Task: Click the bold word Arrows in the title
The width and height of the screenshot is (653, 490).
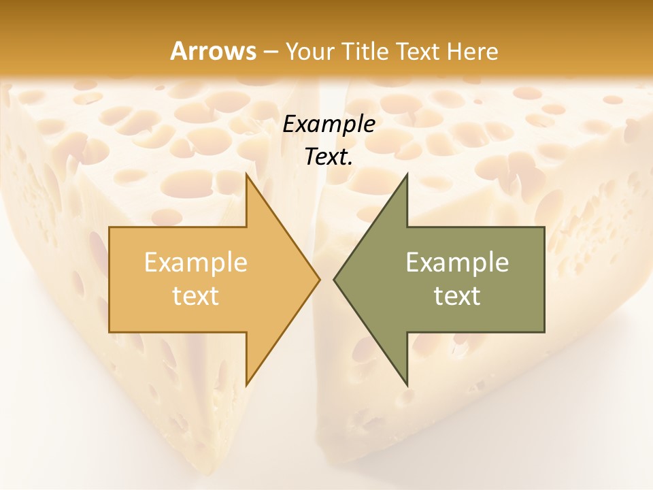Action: tap(213, 51)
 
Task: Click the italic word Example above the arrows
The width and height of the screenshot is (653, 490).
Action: tap(329, 125)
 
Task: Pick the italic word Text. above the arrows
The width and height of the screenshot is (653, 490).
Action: tap(329, 157)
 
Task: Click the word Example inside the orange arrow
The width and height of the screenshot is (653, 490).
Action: tap(196, 263)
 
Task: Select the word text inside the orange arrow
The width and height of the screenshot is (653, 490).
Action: tap(196, 296)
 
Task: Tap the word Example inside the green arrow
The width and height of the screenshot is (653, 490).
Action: tap(457, 263)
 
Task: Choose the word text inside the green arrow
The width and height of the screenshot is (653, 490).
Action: tap(457, 296)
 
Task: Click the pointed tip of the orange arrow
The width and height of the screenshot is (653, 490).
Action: tap(320, 279)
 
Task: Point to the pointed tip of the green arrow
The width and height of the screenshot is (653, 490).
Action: tap(333, 279)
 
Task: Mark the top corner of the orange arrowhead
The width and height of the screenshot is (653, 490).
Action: tap(246, 174)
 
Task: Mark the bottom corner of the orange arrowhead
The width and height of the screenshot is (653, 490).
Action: tap(246, 385)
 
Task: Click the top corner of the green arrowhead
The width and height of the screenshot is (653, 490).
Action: tap(407, 174)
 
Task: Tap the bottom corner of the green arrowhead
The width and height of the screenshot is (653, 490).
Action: tap(407, 385)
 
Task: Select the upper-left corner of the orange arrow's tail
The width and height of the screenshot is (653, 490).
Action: tap(110, 227)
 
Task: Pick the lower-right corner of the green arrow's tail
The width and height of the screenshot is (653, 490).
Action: tap(544, 331)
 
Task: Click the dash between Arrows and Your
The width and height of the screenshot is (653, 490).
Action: tap(270, 52)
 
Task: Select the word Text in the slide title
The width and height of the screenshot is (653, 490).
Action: tap(416, 51)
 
